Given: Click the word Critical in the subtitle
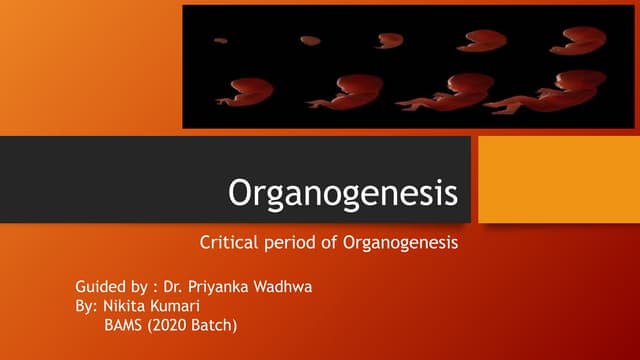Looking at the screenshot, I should pos(228,242).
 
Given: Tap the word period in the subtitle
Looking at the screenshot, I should pos(289,243).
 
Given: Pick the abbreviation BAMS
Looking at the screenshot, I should pos(125,324).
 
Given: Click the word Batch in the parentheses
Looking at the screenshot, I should pos(215,324).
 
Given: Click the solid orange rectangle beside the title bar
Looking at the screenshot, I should pos(558,179).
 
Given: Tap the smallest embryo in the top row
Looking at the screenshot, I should pos(220,40).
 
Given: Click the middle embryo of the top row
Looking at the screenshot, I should pos(389,40).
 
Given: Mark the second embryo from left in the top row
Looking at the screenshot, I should pos(310,40).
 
